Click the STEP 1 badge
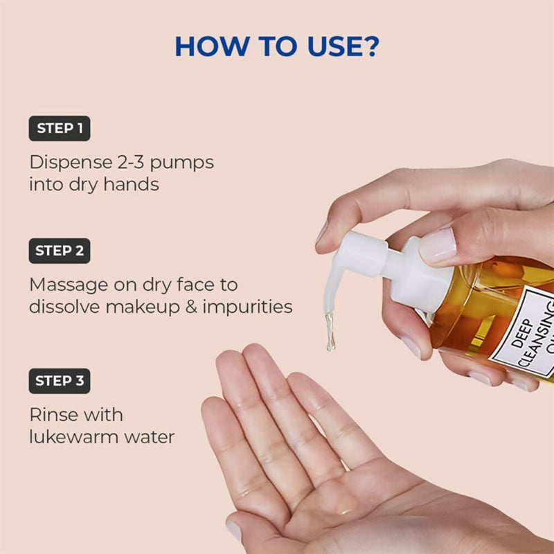point(60,128)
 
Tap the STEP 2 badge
point(60,251)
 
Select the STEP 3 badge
point(60,380)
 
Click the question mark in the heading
point(370,46)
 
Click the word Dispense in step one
point(66,163)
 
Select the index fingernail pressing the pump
point(438,246)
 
